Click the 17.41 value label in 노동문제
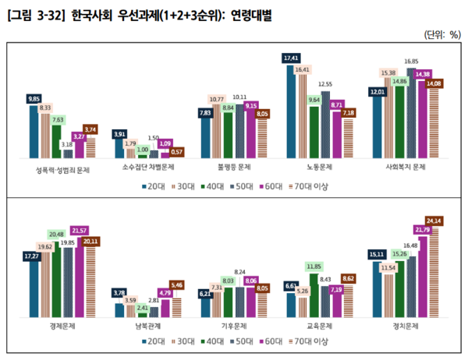(292, 58)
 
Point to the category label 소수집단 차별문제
(149, 166)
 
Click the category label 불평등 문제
(233, 166)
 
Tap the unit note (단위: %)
(441, 35)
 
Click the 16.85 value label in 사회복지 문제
(411, 61)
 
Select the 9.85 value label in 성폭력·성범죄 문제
(34, 99)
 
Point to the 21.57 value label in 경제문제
(79, 231)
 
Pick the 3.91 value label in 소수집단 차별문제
(119, 134)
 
